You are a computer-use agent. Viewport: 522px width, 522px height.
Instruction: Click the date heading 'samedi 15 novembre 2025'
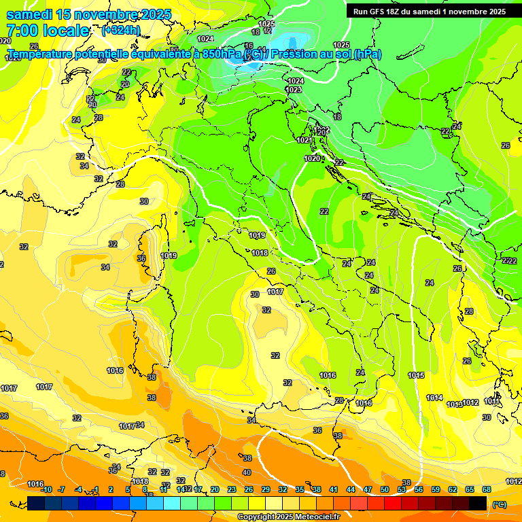click(x=88, y=14)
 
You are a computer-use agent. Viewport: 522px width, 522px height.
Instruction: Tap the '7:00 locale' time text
click(x=48, y=31)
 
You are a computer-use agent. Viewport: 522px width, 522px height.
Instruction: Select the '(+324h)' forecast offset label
click(x=121, y=31)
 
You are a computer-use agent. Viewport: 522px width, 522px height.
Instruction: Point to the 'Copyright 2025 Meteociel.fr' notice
click(x=288, y=517)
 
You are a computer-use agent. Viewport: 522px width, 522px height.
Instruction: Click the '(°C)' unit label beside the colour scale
click(x=499, y=504)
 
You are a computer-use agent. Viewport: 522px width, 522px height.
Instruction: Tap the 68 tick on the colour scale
click(x=486, y=489)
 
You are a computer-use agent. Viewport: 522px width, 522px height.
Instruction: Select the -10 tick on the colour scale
click(x=46, y=489)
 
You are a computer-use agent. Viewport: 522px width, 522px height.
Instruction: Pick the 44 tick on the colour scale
click(x=351, y=489)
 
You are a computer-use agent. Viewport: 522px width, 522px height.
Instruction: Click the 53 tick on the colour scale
click(x=402, y=489)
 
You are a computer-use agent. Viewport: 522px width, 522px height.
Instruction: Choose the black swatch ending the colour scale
click(x=478, y=503)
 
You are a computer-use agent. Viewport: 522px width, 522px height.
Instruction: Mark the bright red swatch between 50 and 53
click(x=393, y=503)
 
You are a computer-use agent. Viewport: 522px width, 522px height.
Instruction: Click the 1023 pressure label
click(x=294, y=90)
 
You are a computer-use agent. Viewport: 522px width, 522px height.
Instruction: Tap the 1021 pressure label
click(x=304, y=140)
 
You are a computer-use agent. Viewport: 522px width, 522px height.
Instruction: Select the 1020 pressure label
click(x=311, y=158)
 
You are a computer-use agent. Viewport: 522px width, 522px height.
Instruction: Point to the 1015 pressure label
click(x=416, y=375)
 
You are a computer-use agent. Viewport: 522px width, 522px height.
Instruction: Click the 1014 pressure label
click(x=434, y=398)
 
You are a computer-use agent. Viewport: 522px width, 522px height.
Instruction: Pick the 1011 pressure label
click(x=492, y=402)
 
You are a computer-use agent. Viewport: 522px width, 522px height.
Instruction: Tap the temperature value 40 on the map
click(x=247, y=472)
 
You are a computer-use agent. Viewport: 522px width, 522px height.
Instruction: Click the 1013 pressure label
click(x=455, y=404)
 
